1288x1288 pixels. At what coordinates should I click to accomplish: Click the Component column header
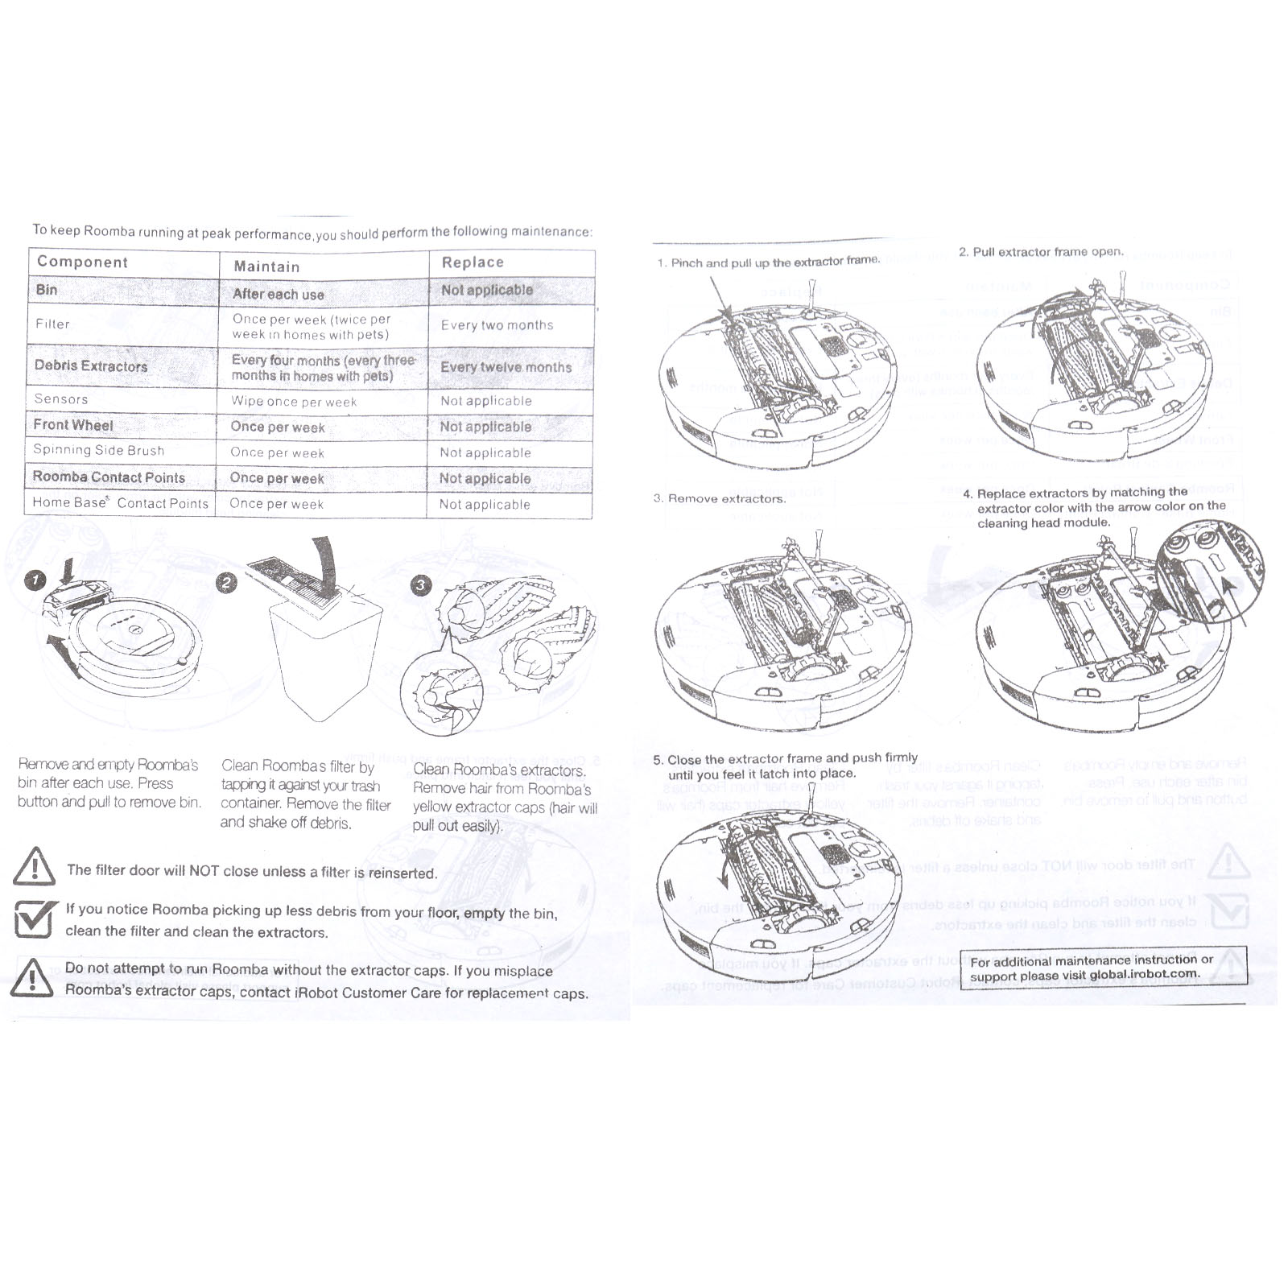pyautogui.click(x=82, y=262)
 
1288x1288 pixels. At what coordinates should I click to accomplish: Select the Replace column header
pyautogui.click(x=473, y=262)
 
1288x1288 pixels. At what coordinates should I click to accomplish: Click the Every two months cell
pyautogui.click(x=497, y=325)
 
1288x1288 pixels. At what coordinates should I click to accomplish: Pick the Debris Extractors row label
pyautogui.click(x=91, y=365)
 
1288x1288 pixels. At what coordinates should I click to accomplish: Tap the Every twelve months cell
pyautogui.click(x=506, y=367)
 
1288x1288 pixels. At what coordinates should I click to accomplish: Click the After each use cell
pyautogui.click(x=279, y=294)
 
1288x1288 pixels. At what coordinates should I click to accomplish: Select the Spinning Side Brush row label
pyautogui.click(x=98, y=450)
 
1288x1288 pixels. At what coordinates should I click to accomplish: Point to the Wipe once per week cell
pyautogui.click(x=294, y=401)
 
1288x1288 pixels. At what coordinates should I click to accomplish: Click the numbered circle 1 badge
pyautogui.click(x=35, y=580)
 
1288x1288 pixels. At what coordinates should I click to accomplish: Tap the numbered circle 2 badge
pyautogui.click(x=227, y=584)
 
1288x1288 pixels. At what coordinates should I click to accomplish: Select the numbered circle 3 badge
pyautogui.click(x=421, y=585)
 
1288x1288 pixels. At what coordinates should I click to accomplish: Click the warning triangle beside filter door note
pyautogui.click(x=35, y=866)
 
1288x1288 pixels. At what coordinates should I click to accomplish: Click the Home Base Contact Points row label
pyautogui.click(x=121, y=503)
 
